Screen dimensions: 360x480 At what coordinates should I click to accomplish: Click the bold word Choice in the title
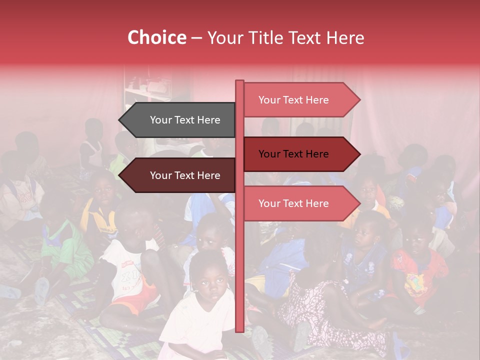pyautogui.click(x=156, y=37)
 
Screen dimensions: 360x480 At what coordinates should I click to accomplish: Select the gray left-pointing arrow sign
pyautogui.click(x=180, y=120)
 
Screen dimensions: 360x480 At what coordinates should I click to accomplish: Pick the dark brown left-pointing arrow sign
pyautogui.click(x=180, y=175)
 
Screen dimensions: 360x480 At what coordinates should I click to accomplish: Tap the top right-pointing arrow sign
pyautogui.click(x=297, y=100)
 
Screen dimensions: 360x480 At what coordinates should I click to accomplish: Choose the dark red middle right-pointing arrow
pyautogui.click(x=297, y=154)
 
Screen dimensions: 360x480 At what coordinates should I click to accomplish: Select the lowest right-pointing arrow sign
pyautogui.click(x=297, y=203)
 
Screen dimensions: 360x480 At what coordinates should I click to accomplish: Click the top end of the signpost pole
pyautogui.click(x=239, y=82)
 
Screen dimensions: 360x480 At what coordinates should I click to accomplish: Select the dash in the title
pyautogui.click(x=196, y=38)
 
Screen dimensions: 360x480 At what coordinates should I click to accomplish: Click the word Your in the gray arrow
pyautogui.click(x=160, y=120)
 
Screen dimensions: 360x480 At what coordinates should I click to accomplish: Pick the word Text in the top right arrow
pyautogui.click(x=293, y=100)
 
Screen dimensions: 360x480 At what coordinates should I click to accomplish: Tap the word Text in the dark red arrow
pyautogui.click(x=293, y=154)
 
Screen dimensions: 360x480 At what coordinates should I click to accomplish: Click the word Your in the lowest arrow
pyautogui.click(x=269, y=203)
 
